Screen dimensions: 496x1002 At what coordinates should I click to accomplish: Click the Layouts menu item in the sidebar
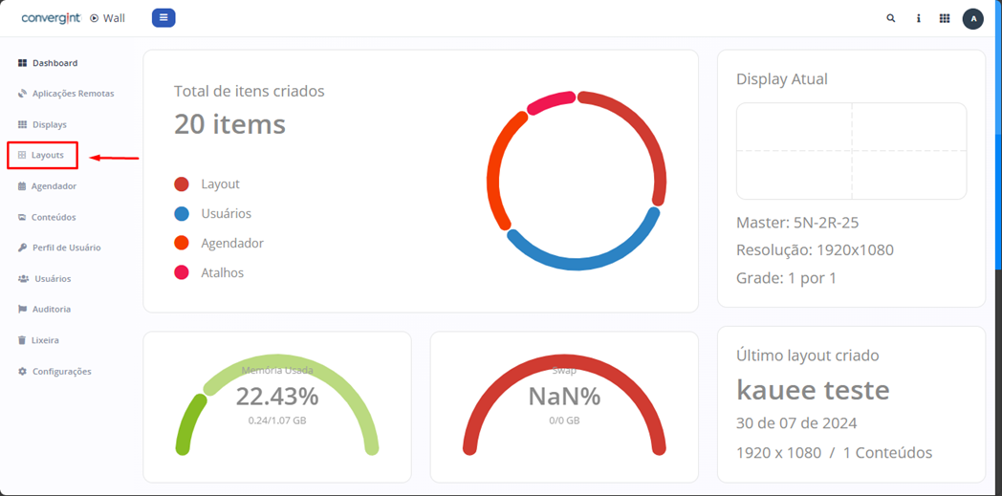47,155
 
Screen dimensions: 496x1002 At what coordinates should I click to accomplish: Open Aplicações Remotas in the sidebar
73,94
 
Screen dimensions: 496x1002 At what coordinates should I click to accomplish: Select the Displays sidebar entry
49,124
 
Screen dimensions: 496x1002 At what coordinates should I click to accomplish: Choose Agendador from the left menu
54,186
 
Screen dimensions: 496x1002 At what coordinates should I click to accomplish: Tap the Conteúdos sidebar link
53,217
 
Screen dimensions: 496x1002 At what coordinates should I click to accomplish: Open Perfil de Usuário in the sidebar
66,248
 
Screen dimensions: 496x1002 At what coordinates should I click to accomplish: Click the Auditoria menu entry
51,310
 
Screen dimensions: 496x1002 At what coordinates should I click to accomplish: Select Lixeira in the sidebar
45,340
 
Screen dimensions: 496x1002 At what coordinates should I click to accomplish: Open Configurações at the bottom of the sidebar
61,371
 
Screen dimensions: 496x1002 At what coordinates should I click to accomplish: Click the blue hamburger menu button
163,17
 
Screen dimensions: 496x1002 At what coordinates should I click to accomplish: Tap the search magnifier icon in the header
891,18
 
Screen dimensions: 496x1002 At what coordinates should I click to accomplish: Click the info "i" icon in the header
919,18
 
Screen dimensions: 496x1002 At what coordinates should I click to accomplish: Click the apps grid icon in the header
945,18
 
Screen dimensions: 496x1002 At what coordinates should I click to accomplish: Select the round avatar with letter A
972,18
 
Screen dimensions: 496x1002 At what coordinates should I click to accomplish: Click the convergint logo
51,18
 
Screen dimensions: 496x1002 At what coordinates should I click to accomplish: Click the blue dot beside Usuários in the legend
182,214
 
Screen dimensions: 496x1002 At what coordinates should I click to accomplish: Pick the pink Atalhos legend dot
182,273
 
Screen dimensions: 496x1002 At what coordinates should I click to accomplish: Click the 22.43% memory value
277,396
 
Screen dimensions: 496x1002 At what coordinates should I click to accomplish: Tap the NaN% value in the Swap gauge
564,396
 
